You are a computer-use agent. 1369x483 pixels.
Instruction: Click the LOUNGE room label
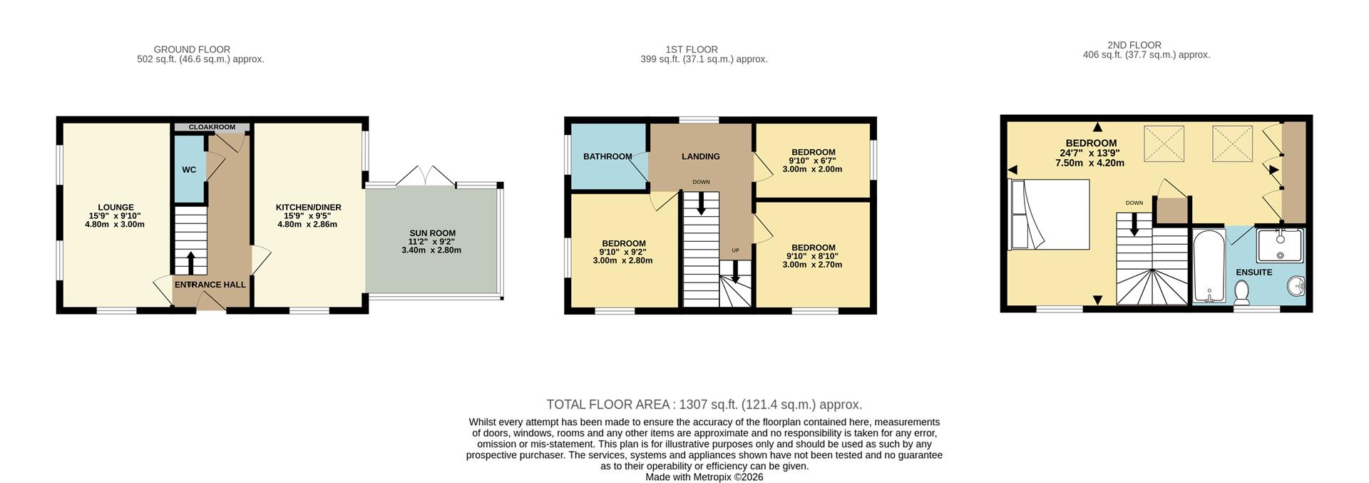[115, 208]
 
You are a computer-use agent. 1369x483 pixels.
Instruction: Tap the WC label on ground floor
[189, 170]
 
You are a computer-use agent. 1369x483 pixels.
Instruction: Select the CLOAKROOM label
[212, 127]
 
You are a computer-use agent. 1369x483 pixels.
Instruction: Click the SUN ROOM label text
[432, 233]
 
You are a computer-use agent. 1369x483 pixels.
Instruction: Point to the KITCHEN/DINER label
[309, 208]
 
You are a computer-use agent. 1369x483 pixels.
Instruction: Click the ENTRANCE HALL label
[210, 285]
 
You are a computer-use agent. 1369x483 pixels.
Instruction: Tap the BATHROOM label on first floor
[607, 157]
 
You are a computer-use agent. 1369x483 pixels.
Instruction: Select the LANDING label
[700, 156]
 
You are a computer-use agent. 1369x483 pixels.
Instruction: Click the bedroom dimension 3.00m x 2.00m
[812, 170]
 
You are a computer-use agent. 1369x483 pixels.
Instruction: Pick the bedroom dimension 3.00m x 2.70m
[812, 265]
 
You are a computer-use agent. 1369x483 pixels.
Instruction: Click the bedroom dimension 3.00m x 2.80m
[622, 260]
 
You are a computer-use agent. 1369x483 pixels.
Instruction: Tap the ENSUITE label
[1253, 273]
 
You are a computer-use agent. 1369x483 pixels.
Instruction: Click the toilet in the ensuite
[1241, 291]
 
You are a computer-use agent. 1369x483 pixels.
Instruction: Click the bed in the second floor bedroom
[1050, 214]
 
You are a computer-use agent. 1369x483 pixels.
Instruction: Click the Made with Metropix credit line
[704, 477]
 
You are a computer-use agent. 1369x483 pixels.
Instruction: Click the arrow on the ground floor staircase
[190, 260]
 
